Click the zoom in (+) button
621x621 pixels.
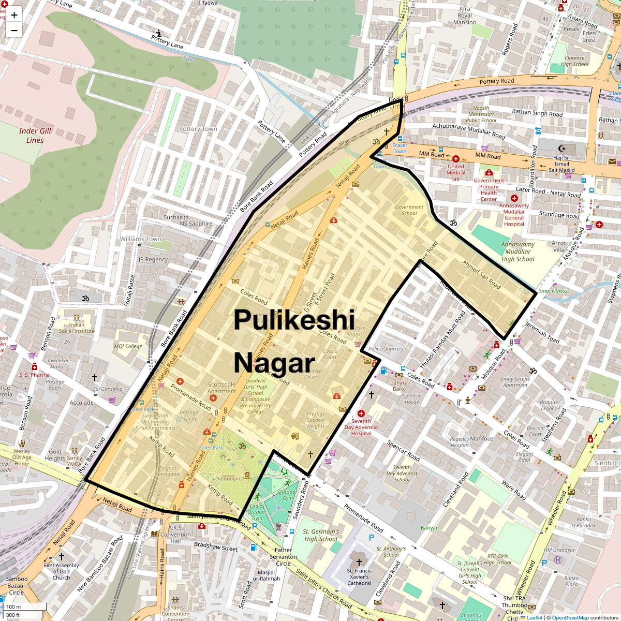click(x=14, y=15)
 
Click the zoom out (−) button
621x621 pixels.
click(x=14, y=31)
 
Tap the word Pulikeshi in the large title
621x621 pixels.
click(x=294, y=320)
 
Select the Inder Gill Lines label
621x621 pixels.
click(x=35, y=136)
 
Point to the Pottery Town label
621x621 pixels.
click(x=198, y=129)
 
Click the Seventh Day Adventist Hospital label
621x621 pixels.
click(x=361, y=427)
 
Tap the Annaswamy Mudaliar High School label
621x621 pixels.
click(x=517, y=252)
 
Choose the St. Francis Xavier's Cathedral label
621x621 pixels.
click(x=359, y=576)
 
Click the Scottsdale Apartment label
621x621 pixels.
click(x=222, y=388)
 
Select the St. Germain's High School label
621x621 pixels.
click(x=321, y=535)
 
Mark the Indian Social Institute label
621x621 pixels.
click(x=77, y=328)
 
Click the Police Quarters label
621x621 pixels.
click(x=386, y=349)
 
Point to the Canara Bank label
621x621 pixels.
click(x=399, y=386)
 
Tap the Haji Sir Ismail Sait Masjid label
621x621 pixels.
click(x=561, y=164)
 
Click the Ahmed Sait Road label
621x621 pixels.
click(x=482, y=274)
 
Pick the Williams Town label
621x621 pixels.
click(x=141, y=239)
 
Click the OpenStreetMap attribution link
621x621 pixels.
click(x=570, y=617)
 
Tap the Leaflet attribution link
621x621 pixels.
click(x=534, y=617)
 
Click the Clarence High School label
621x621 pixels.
click(x=574, y=61)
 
